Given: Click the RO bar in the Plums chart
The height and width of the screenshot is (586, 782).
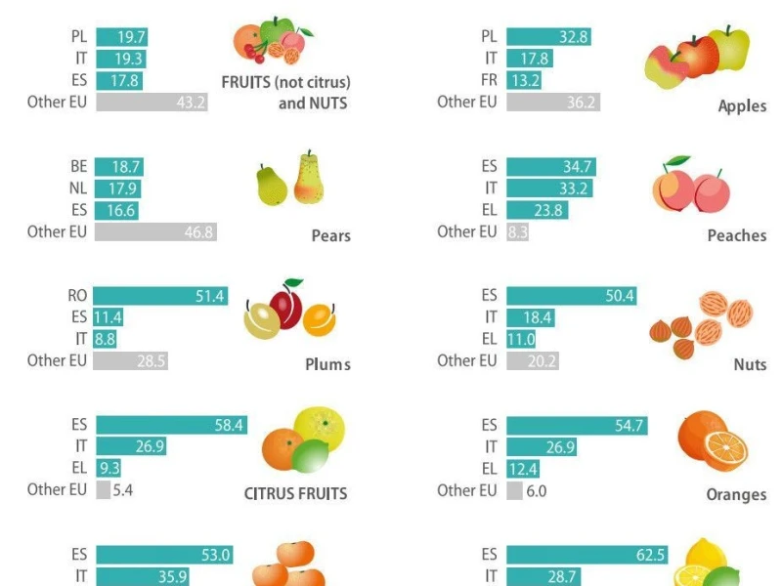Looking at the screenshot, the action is coord(160,296).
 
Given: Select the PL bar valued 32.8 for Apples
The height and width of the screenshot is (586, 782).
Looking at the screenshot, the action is coord(548,37).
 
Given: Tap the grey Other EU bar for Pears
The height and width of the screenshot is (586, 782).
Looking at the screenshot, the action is coord(155,232).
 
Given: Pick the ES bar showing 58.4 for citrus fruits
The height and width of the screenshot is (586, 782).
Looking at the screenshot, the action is coord(172,425).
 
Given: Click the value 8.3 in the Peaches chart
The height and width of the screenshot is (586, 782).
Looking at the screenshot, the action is coord(518,232).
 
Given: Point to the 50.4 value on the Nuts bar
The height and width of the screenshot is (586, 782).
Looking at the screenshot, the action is coord(620,296).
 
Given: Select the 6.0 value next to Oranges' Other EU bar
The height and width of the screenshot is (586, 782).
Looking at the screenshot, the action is coord(536,491).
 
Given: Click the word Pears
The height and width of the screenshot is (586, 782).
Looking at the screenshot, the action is coord(331,235).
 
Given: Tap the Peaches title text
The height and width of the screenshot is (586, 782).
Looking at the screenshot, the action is coord(737,235).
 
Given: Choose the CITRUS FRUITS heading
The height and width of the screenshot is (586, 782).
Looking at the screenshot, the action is coord(295,494).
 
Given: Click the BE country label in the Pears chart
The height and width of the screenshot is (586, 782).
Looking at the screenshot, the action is coord(79,166).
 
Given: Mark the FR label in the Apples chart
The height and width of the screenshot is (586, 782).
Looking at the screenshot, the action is coord(490,80).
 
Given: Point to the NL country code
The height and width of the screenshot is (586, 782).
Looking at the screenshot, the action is coord(78,188).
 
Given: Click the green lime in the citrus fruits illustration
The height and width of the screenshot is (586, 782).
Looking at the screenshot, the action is coord(310,456).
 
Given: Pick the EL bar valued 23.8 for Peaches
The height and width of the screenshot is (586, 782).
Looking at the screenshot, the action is coord(537,210).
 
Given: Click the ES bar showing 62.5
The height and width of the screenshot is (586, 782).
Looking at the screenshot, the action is coord(587,555).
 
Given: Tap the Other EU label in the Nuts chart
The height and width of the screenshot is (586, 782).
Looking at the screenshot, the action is coord(467,360).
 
